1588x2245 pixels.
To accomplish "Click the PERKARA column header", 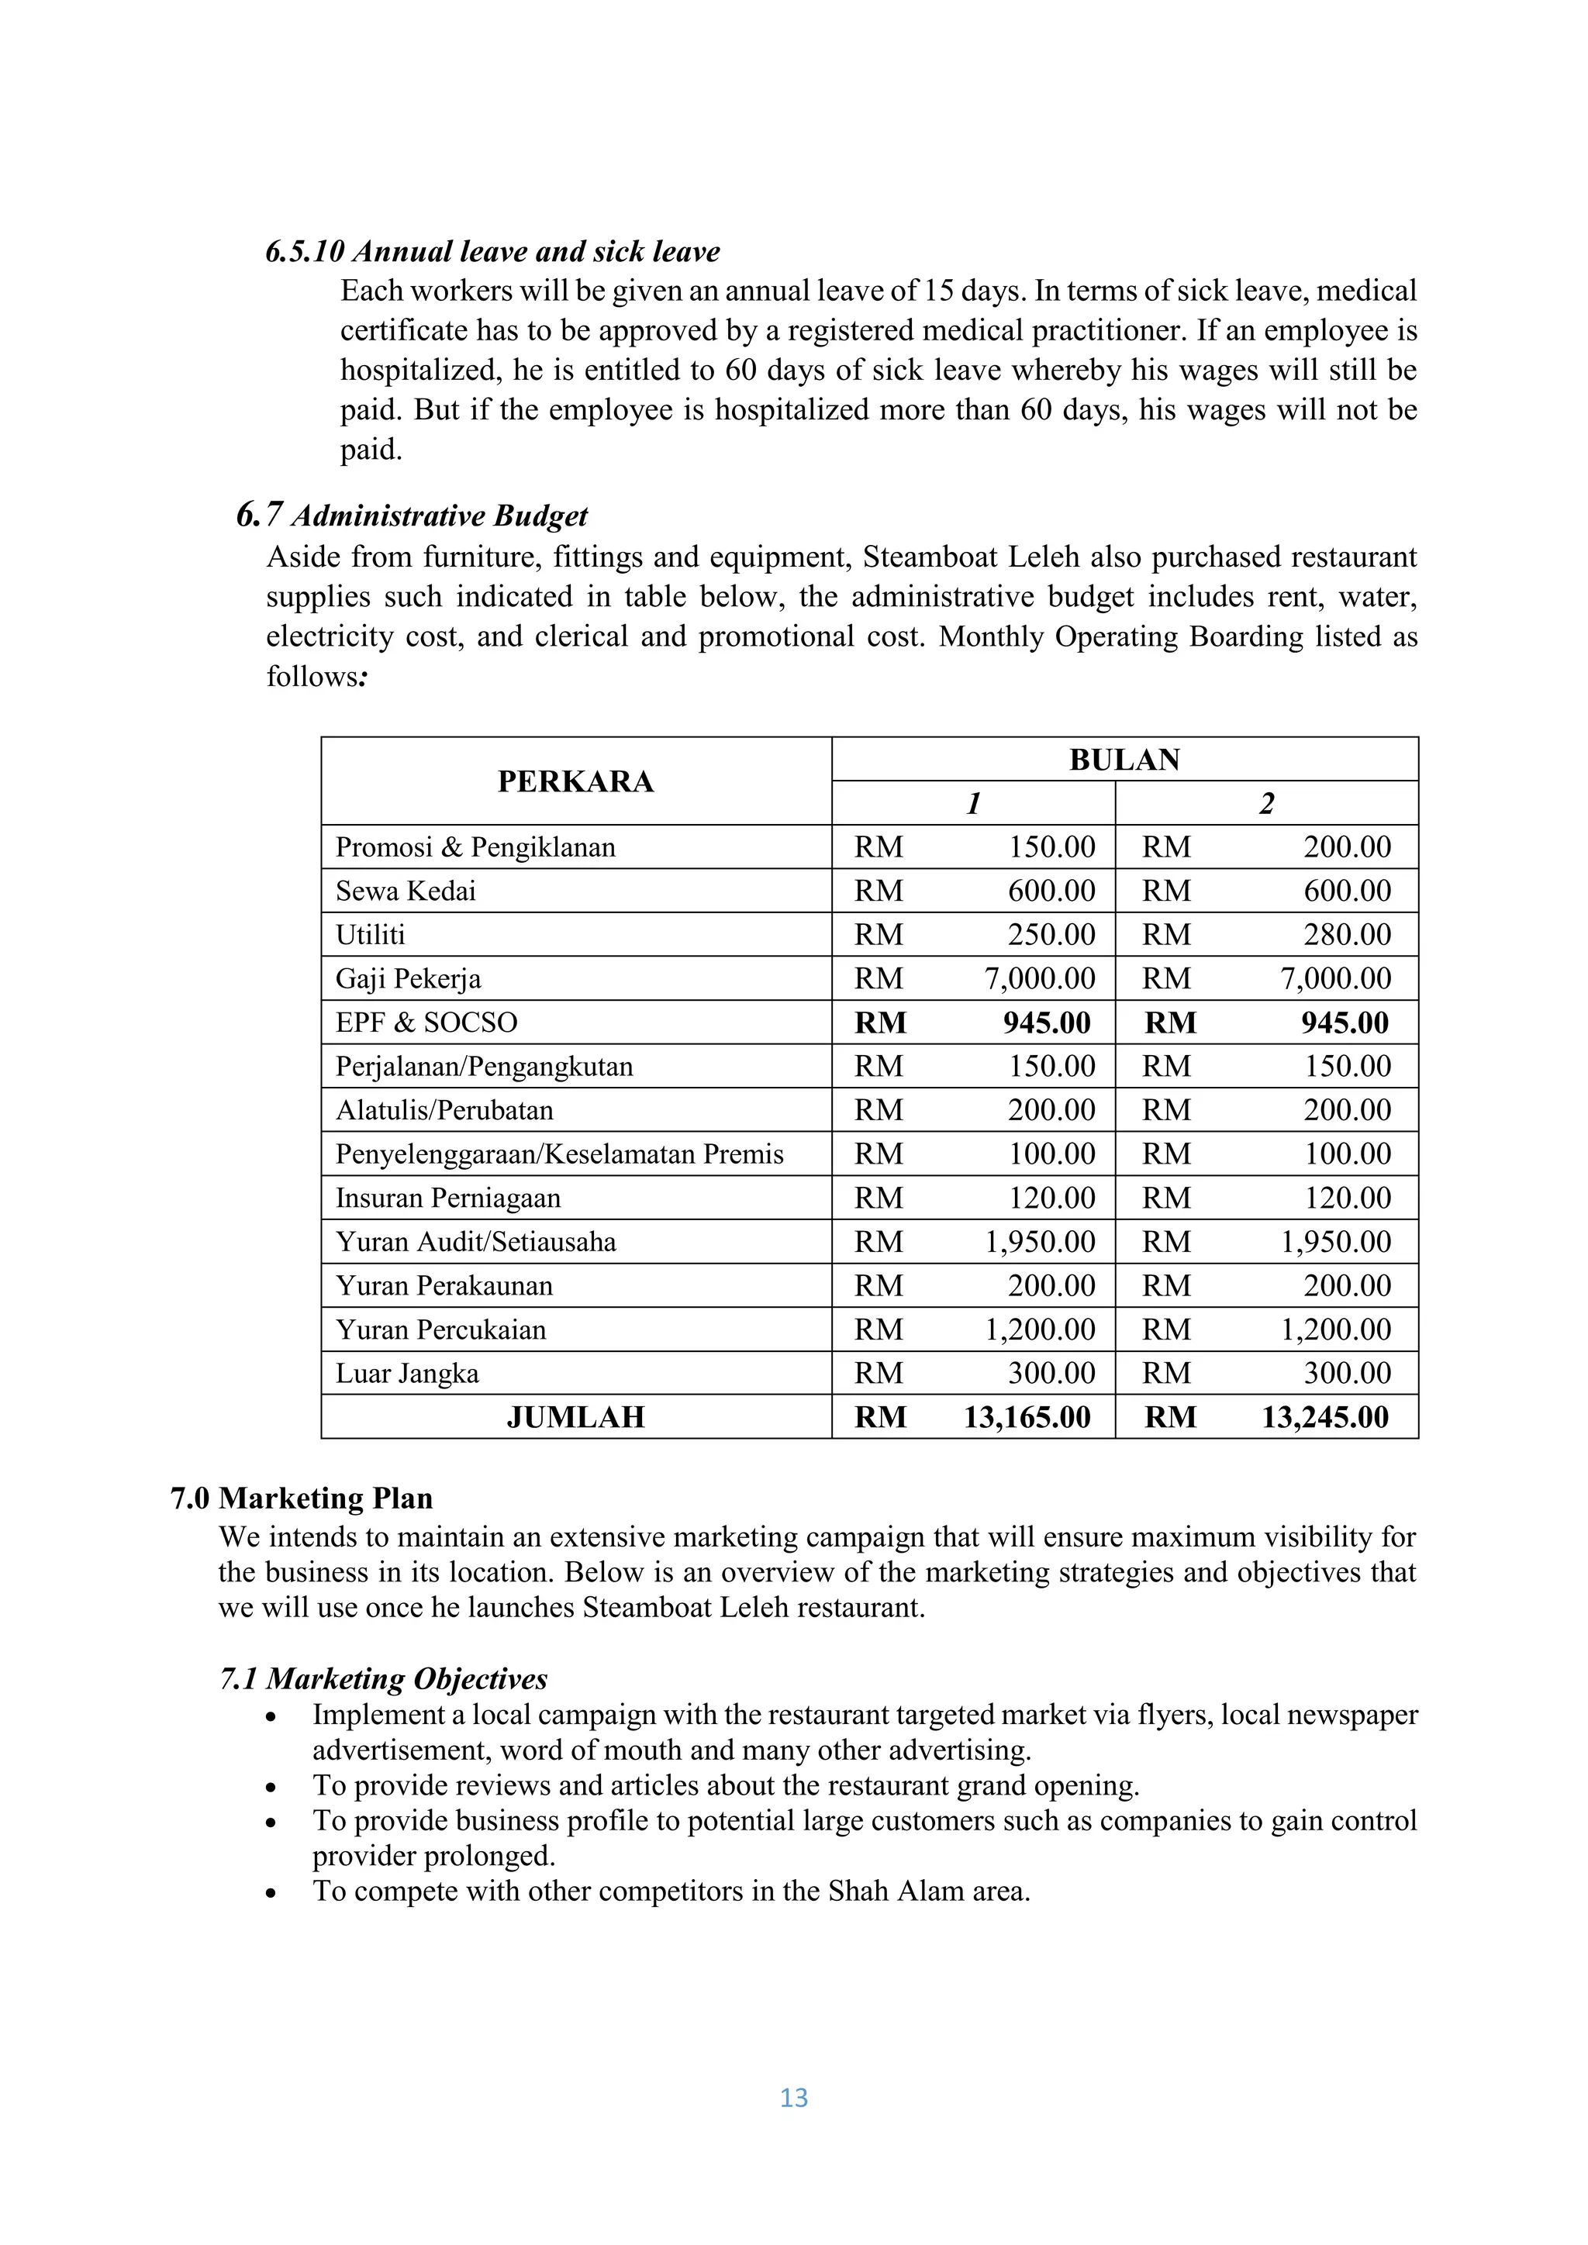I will point(575,781).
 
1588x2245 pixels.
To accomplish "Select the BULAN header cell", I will point(1124,760).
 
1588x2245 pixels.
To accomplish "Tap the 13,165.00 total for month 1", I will point(1027,1417).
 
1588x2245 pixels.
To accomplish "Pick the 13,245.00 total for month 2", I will point(1324,1417).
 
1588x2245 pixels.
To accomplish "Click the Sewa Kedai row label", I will point(406,891).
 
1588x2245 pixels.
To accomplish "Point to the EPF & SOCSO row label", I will point(426,1022).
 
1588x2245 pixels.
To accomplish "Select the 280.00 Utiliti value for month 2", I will point(1347,935).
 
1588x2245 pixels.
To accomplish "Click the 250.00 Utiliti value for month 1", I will point(1051,935).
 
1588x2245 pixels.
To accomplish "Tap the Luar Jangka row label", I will point(407,1374).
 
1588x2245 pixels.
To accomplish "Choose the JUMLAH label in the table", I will point(575,1418).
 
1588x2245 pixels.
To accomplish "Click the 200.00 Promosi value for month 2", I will point(1347,847).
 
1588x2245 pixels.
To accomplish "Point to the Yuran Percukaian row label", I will point(441,1329).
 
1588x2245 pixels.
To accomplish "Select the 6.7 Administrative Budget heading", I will point(413,516).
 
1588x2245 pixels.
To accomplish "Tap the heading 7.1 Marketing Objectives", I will point(383,1679).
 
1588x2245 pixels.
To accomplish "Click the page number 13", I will point(794,2098).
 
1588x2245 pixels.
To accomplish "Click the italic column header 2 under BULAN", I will point(1266,804).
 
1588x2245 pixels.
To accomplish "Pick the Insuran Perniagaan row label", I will point(448,1198).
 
